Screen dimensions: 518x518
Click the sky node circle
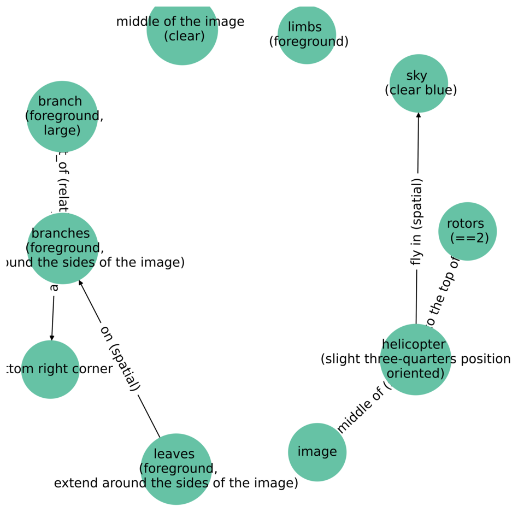click(419, 83)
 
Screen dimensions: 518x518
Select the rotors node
click(467, 231)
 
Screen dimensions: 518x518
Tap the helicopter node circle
click(415, 359)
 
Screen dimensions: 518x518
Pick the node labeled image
click(317, 452)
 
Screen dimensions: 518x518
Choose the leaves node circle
click(176, 469)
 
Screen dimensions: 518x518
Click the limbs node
click(307, 34)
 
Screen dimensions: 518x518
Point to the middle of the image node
click(182, 30)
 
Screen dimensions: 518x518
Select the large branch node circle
click(62, 116)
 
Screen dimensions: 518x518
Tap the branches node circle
click(62, 248)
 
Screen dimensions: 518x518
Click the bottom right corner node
click(50, 369)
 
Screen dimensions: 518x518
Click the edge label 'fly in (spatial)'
click(417, 222)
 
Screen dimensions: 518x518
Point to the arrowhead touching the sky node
click(419, 115)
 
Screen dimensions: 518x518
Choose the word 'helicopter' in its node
click(415, 345)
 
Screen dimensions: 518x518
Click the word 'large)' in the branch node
click(62, 130)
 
